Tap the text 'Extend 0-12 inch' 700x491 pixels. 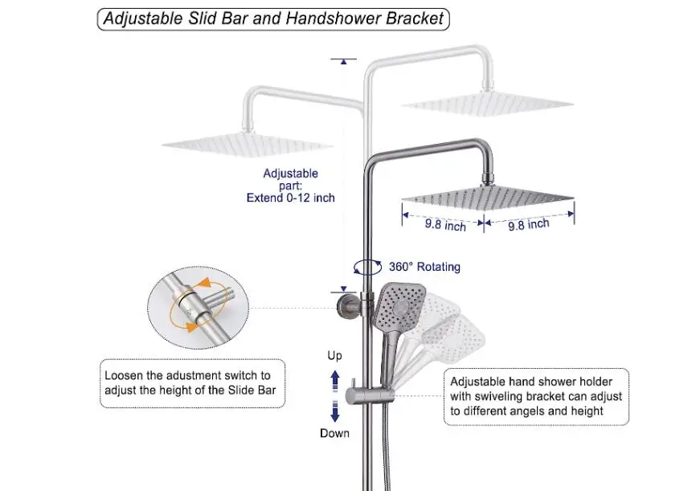290,198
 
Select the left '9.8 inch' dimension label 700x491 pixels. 445,226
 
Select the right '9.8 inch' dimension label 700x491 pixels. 529,225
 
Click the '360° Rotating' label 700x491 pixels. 424,267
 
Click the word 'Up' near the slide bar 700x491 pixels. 334,355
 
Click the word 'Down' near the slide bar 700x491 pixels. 334,433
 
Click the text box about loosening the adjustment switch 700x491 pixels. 194,383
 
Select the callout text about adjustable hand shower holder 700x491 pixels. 536,397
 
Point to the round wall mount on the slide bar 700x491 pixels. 347,305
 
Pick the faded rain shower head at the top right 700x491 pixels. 487,104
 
